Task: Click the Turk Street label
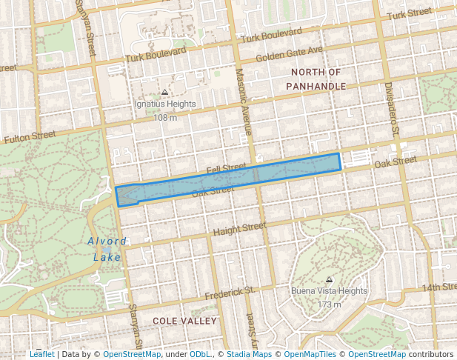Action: point(409,13)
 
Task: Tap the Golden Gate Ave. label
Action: point(290,53)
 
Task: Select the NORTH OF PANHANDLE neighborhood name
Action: point(316,79)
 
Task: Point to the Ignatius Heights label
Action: point(165,104)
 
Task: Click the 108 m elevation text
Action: point(165,117)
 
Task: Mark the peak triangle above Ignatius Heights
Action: point(165,93)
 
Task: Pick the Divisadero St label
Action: point(393,108)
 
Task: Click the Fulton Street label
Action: point(30,137)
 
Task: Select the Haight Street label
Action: point(239,230)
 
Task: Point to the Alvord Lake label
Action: point(107,249)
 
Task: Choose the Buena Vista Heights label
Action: point(329,292)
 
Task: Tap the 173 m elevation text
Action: point(329,304)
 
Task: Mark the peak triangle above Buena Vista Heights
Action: point(329,280)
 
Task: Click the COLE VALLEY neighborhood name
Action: point(184,321)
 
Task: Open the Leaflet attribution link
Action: point(42,354)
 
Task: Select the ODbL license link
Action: point(200,354)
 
